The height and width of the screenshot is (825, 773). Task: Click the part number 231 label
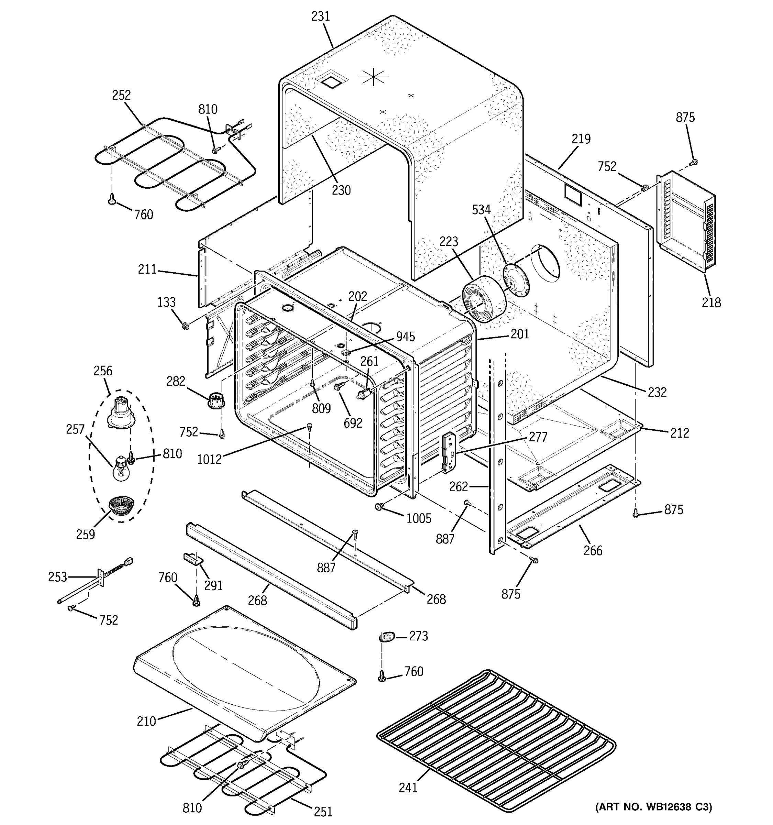pyautogui.click(x=320, y=16)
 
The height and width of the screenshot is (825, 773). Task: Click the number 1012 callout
pyautogui.click(x=209, y=459)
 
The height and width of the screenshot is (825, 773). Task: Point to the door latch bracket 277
pyautogui.click(x=448, y=451)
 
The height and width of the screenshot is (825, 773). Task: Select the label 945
pyautogui.click(x=405, y=336)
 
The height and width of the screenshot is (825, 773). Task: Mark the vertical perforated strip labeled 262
pyautogui.click(x=497, y=456)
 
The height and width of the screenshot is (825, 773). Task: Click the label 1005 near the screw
pyautogui.click(x=419, y=518)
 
